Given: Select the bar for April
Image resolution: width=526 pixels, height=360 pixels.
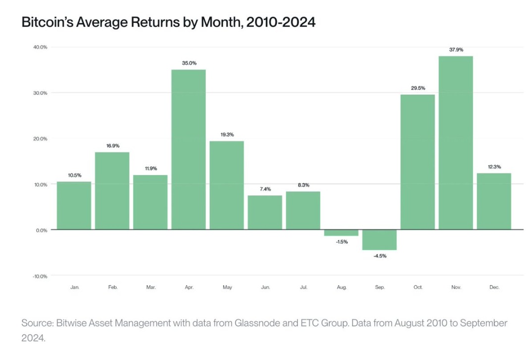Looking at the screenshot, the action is click(189, 149).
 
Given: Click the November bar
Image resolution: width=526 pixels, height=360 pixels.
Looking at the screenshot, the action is click(456, 143).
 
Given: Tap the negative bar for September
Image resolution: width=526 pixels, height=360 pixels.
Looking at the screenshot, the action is click(380, 240).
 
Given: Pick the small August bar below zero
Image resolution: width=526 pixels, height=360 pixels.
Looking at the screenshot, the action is click(341, 233).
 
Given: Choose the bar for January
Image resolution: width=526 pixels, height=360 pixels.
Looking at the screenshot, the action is click(74, 206).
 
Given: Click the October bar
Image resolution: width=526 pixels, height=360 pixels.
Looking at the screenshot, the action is click(418, 162).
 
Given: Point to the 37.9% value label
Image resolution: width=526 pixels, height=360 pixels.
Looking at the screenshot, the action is click(456, 49).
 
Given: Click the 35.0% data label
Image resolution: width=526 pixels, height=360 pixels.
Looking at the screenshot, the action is click(189, 63).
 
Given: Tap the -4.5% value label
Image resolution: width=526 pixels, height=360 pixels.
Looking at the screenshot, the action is click(380, 256).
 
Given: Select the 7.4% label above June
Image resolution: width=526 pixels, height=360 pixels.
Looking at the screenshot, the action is click(265, 189).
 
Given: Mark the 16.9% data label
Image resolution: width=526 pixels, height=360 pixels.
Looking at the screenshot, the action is click(113, 146).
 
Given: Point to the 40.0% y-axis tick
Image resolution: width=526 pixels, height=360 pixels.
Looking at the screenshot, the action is click(40, 47).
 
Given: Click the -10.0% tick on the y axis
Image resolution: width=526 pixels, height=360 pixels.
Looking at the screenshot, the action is click(40, 276).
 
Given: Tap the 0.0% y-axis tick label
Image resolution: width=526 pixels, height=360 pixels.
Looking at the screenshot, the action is click(42, 230).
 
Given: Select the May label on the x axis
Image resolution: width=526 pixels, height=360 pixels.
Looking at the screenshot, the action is click(228, 287).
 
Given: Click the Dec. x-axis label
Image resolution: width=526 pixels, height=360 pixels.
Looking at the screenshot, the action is click(494, 287).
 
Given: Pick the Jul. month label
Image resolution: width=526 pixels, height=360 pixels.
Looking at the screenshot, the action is click(304, 287).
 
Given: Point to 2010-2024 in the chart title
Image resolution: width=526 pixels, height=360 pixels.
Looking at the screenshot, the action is click(281, 22).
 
